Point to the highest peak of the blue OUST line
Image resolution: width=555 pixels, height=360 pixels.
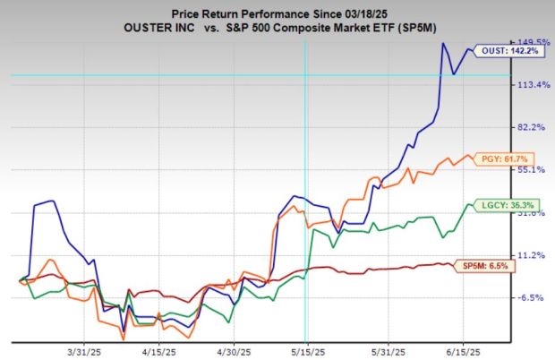(443, 43)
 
